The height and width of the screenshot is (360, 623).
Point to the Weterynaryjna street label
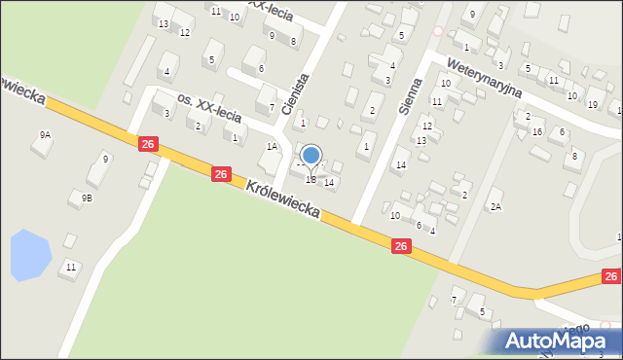(485, 77)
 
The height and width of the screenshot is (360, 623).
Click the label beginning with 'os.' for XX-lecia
(213, 107)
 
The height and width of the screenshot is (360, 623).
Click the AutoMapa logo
(555, 341)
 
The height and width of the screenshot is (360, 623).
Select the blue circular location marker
(311, 156)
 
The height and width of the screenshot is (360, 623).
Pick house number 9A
(44, 134)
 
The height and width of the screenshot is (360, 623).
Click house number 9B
(87, 198)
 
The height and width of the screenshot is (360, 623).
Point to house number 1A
(273, 147)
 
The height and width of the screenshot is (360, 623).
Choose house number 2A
(495, 206)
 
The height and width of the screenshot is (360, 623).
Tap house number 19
(593, 104)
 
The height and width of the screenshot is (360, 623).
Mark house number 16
(537, 131)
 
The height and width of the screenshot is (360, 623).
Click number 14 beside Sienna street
(400, 164)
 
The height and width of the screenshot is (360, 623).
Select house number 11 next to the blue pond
(70, 266)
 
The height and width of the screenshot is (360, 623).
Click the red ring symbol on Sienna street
(437, 31)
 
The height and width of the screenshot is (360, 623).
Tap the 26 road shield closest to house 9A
(147, 144)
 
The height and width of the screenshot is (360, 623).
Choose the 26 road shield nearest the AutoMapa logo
(611, 277)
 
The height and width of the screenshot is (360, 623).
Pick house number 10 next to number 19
(572, 95)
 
